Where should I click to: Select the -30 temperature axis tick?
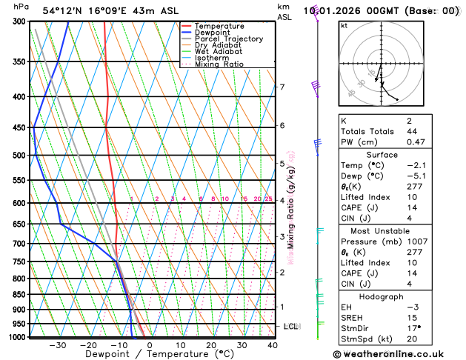pyautogui.click(x=58, y=345)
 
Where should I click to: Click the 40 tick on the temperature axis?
pyautogui.click(x=273, y=345)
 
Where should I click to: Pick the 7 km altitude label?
pyautogui.click(x=282, y=87)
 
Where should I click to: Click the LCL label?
pyautogui.click(x=291, y=326)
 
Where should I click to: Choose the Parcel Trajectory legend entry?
pyautogui.click(x=228, y=39)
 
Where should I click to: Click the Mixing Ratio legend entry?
pyautogui.click(x=219, y=64)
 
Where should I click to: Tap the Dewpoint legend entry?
pyautogui.click(x=212, y=33)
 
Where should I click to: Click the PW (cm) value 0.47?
pyautogui.click(x=435, y=142)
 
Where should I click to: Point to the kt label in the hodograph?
pyautogui.click(x=344, y=26)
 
